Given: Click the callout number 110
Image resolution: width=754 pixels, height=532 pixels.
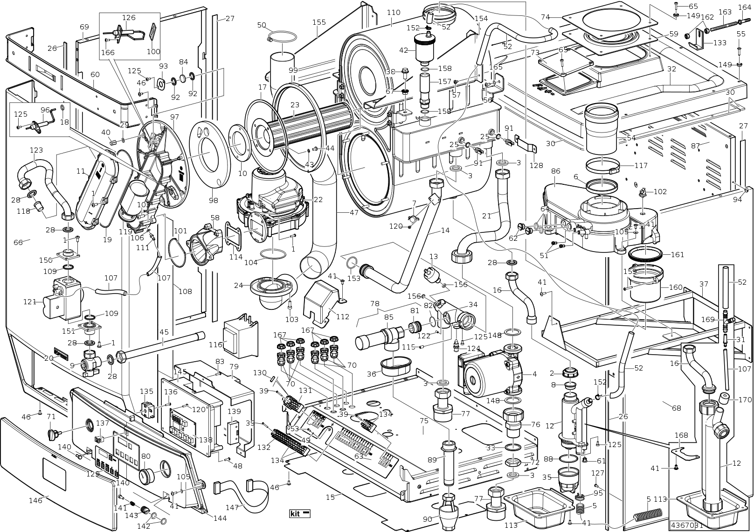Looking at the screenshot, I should [394, 12].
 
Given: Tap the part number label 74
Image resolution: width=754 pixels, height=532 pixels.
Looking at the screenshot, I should [545, 17].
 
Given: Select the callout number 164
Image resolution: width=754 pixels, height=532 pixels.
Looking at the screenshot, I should [744, 7].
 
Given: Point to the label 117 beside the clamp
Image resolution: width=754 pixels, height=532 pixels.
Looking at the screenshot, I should [641, 165].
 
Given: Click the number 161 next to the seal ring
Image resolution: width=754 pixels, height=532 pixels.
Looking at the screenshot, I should [677, 255].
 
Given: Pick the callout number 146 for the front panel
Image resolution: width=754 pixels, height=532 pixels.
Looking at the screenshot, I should [35, 500].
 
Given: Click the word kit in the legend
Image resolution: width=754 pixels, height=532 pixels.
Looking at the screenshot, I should [295, 514].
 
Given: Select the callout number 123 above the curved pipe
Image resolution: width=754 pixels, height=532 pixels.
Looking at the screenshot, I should [36, 150].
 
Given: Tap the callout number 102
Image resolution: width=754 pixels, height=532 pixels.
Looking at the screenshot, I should [660, 191].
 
